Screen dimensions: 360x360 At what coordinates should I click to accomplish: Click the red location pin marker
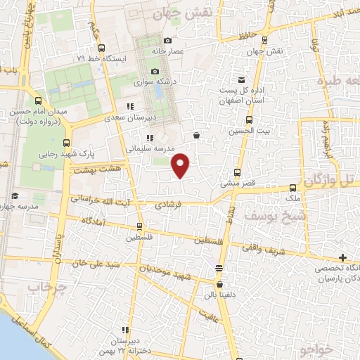coord(181,165)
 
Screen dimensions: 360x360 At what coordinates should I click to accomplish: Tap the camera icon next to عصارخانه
coord(168,40)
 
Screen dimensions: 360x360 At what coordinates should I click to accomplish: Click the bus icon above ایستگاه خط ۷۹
coord(103,49)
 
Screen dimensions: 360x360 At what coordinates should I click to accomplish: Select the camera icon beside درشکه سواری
coord(155,71)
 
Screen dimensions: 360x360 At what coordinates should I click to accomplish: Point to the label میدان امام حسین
coord(39,111)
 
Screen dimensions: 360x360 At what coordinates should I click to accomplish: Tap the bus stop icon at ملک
coord(292,187)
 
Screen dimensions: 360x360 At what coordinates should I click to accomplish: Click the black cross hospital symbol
coord(342,258)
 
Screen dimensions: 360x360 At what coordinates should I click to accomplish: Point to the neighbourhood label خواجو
coord(313,349)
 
